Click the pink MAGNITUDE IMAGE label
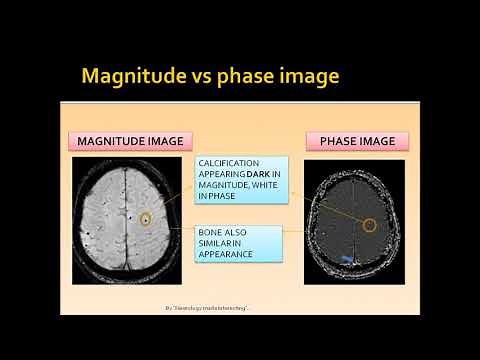coord(129,141)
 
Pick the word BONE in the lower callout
coord(212,231)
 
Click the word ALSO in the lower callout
coord(242,231)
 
